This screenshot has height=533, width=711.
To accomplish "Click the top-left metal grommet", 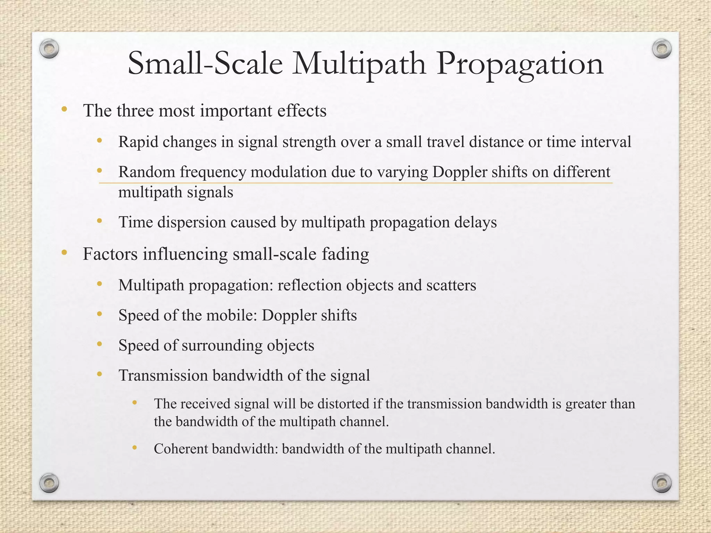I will pyautogui.click(x=49, y=49).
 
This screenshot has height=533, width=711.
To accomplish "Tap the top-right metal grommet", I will pyautogui.click(x=662, y=49).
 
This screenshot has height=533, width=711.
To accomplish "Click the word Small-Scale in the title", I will pyautogui.click(x=205, y=64).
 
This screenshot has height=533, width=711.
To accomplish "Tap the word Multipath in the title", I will pyautogui.click(x=359, y=65).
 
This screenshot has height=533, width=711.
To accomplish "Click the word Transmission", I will pyautogui.click(x=163, y=375).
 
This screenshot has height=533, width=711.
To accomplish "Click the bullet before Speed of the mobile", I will pyautogui.click(x=100, y=314).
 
